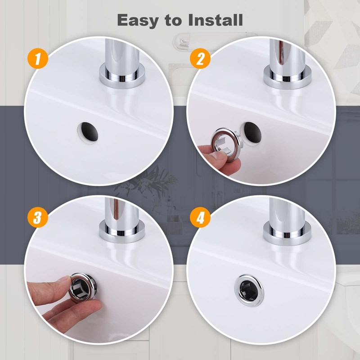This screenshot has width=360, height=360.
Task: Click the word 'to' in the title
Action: click(174, 20)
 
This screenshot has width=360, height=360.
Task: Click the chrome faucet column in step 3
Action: click(119, 211)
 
